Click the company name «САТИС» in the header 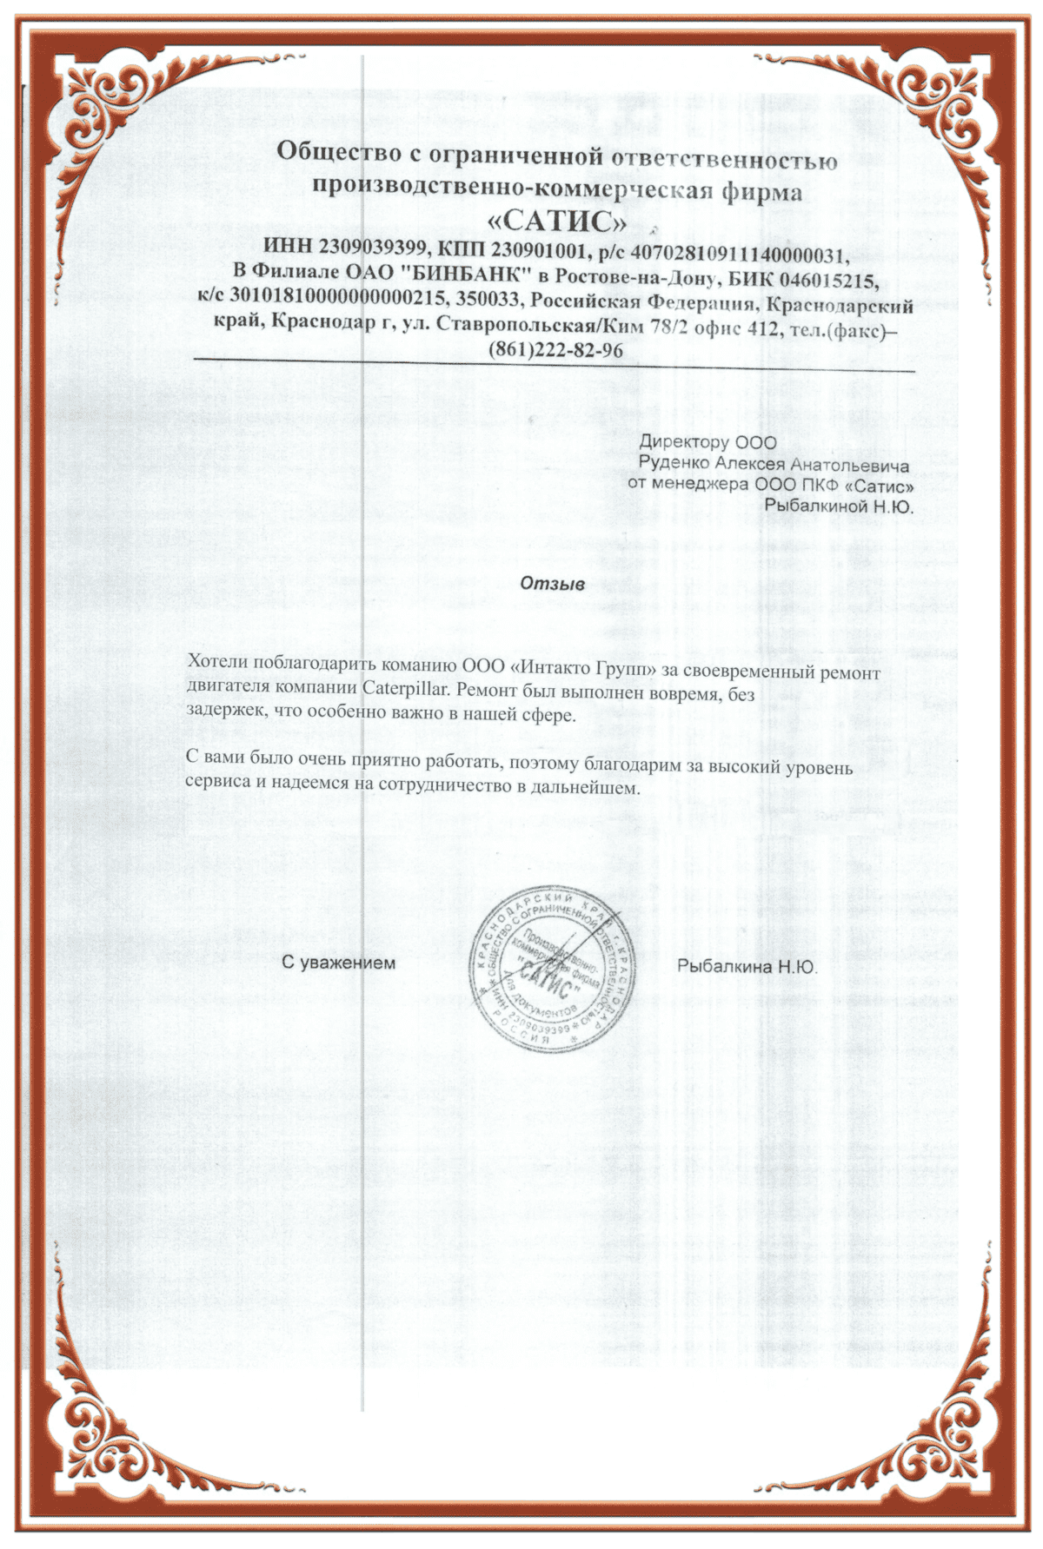tap(558, 221)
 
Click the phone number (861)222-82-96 tap(557, 350)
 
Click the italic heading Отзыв tap(552, 584)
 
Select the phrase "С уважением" tap(339, 963)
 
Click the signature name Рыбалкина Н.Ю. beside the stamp tap(747, 965)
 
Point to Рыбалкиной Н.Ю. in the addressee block tap(839, 506)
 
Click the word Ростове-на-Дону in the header tap(633, 278)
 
